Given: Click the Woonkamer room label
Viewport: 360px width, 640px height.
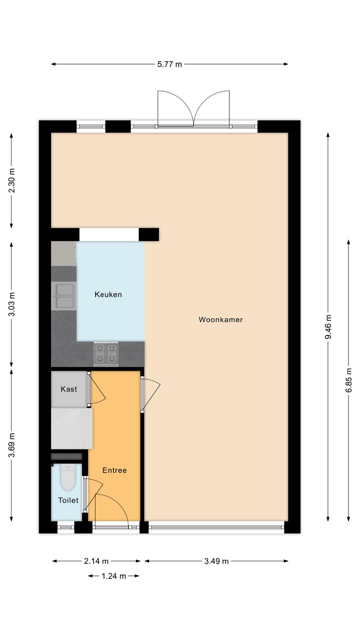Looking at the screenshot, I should tap(220, 319).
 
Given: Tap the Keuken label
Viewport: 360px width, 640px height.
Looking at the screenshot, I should tap(108, 294).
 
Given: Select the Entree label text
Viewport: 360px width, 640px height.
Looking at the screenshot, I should tap(114, 470).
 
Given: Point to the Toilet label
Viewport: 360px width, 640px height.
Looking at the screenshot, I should tap(68, 500).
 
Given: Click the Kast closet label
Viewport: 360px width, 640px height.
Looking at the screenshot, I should tap(69, 388).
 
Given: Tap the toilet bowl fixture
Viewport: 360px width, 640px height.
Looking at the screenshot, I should tap(67, 477).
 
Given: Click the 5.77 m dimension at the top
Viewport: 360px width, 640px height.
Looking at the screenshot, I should tap(169, 64).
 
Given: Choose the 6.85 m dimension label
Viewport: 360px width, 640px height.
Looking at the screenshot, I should tap(349, 380).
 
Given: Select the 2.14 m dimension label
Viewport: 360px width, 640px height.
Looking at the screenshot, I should tap(96, 561).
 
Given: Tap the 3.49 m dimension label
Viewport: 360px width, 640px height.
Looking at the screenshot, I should tap(216, 561).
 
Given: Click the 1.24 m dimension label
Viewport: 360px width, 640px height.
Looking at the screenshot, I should tap(113, 576).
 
